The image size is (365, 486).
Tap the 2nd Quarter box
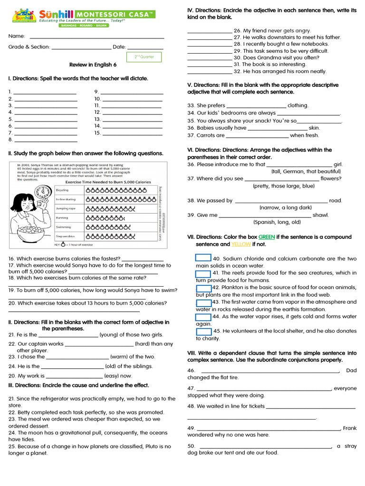pyautogui.click(x=144, y=57)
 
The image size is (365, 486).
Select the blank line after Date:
pyautogui.click(x=145, y=47)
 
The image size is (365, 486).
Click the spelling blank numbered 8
pyautogui.click(x=46, y=140)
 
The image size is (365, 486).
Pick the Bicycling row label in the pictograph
pyautogui.click(x=62, y=190)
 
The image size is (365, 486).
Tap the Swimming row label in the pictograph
pyautogui.click(x=63, y=227)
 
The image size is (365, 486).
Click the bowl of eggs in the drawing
pyautogui.click(x=32, y=234)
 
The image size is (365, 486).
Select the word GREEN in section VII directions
pyautogui.click(x=267, y=237)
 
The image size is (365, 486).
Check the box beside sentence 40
pyautogui.click(x=203, y=258)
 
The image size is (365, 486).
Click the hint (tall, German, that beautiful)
pyautogui.click(x=306, y=171)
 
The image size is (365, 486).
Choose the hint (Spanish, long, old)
pyautogui.click(x=277, y=222)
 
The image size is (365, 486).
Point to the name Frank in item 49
pyautogui.click(x=349, y=428)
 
